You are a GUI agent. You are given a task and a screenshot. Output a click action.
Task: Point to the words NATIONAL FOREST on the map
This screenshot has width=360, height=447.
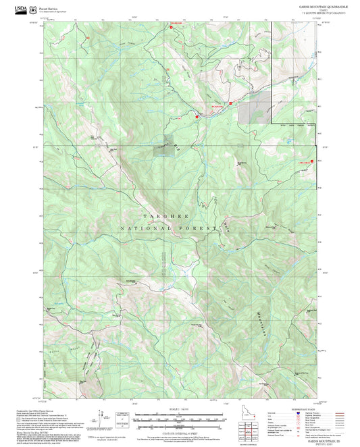(x=168, y=229)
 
